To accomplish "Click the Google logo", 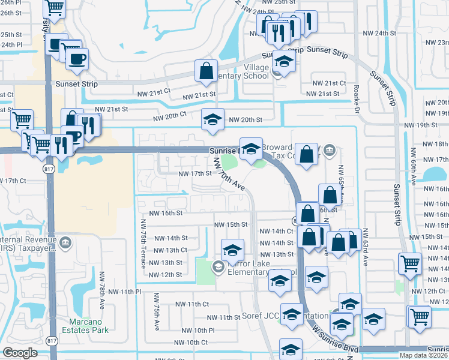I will pos(20,353).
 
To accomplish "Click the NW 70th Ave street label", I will pos(230,173).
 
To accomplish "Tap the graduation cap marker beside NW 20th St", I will pos(212,119).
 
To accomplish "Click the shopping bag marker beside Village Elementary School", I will pos(206,71).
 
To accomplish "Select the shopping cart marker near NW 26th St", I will pos(55,8).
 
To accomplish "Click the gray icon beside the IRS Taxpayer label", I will pos(65,243).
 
